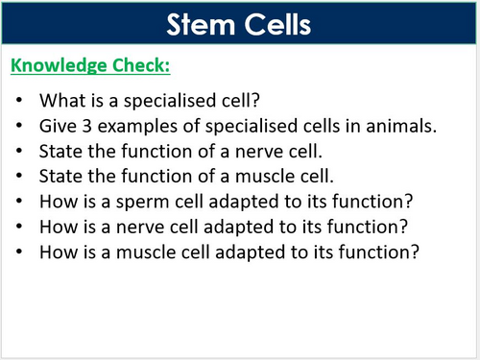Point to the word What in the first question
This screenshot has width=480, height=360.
point(60,100)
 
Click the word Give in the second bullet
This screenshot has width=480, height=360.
point(57,125)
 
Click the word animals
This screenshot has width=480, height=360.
point(412,125)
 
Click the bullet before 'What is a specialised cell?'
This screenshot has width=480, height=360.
point(22,101)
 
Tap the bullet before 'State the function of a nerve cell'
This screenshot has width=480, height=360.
point(22,151)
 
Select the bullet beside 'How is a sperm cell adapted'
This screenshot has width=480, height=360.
point(22,202)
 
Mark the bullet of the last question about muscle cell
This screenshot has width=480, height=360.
point(22,253)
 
